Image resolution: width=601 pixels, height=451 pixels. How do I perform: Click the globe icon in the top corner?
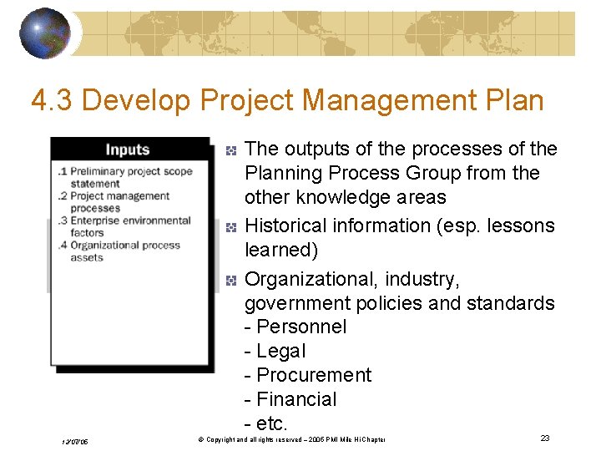(44, 33)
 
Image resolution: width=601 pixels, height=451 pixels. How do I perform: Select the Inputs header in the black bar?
(127, 149)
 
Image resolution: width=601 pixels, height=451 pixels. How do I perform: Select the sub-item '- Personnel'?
(295, 327)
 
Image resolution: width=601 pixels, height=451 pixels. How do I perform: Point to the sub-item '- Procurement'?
(308, 375)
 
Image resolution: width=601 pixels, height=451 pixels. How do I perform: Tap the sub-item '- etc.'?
(266, 423)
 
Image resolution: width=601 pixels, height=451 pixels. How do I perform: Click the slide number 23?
(545, 438)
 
